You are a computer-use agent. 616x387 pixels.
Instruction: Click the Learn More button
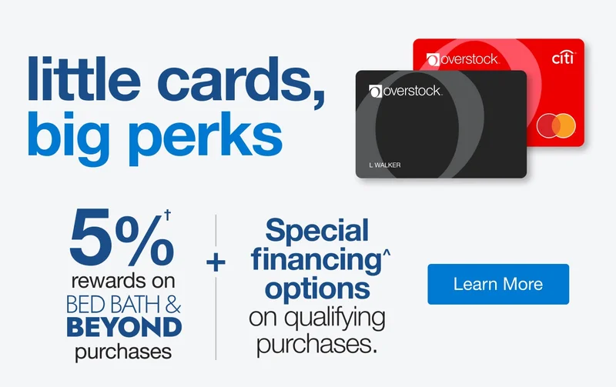click(x=497, y=284)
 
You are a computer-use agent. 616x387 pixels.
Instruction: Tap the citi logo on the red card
click(x=564, y=58)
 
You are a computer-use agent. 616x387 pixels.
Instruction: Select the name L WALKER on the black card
click(x=386, y=165)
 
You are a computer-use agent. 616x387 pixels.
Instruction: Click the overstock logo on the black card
click(x=406, y=92)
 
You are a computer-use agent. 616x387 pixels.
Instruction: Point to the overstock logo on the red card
click(x=462, y=58)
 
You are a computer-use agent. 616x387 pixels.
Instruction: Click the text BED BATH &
click(x=125, y=304)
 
